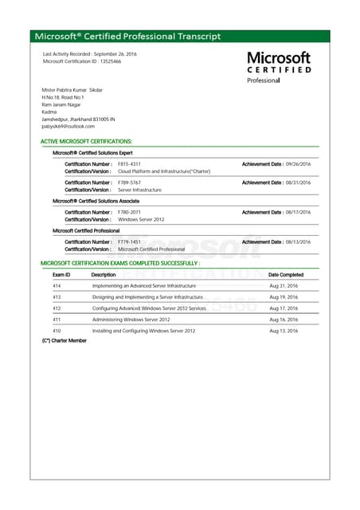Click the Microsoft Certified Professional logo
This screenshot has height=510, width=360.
[x=279, y=67]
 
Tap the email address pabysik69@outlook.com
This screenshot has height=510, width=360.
[x=68, y=126]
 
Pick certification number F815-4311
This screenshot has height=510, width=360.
[x=129, y=163]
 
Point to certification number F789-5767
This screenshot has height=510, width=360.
[x=129, y=182]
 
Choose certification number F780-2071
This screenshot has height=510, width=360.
[x=129, y=212]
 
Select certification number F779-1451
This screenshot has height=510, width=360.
[x=129, y=241]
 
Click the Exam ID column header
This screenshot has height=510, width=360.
[x=61, y=274]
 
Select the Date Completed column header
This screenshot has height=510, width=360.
[x=286, y=274]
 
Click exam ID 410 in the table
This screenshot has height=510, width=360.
[x=57, y=330]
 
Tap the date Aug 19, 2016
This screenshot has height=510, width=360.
[x=284, y=296]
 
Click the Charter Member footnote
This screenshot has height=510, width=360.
[x=64, y=340]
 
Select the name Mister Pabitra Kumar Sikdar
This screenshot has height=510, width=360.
[x=72, y=90]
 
